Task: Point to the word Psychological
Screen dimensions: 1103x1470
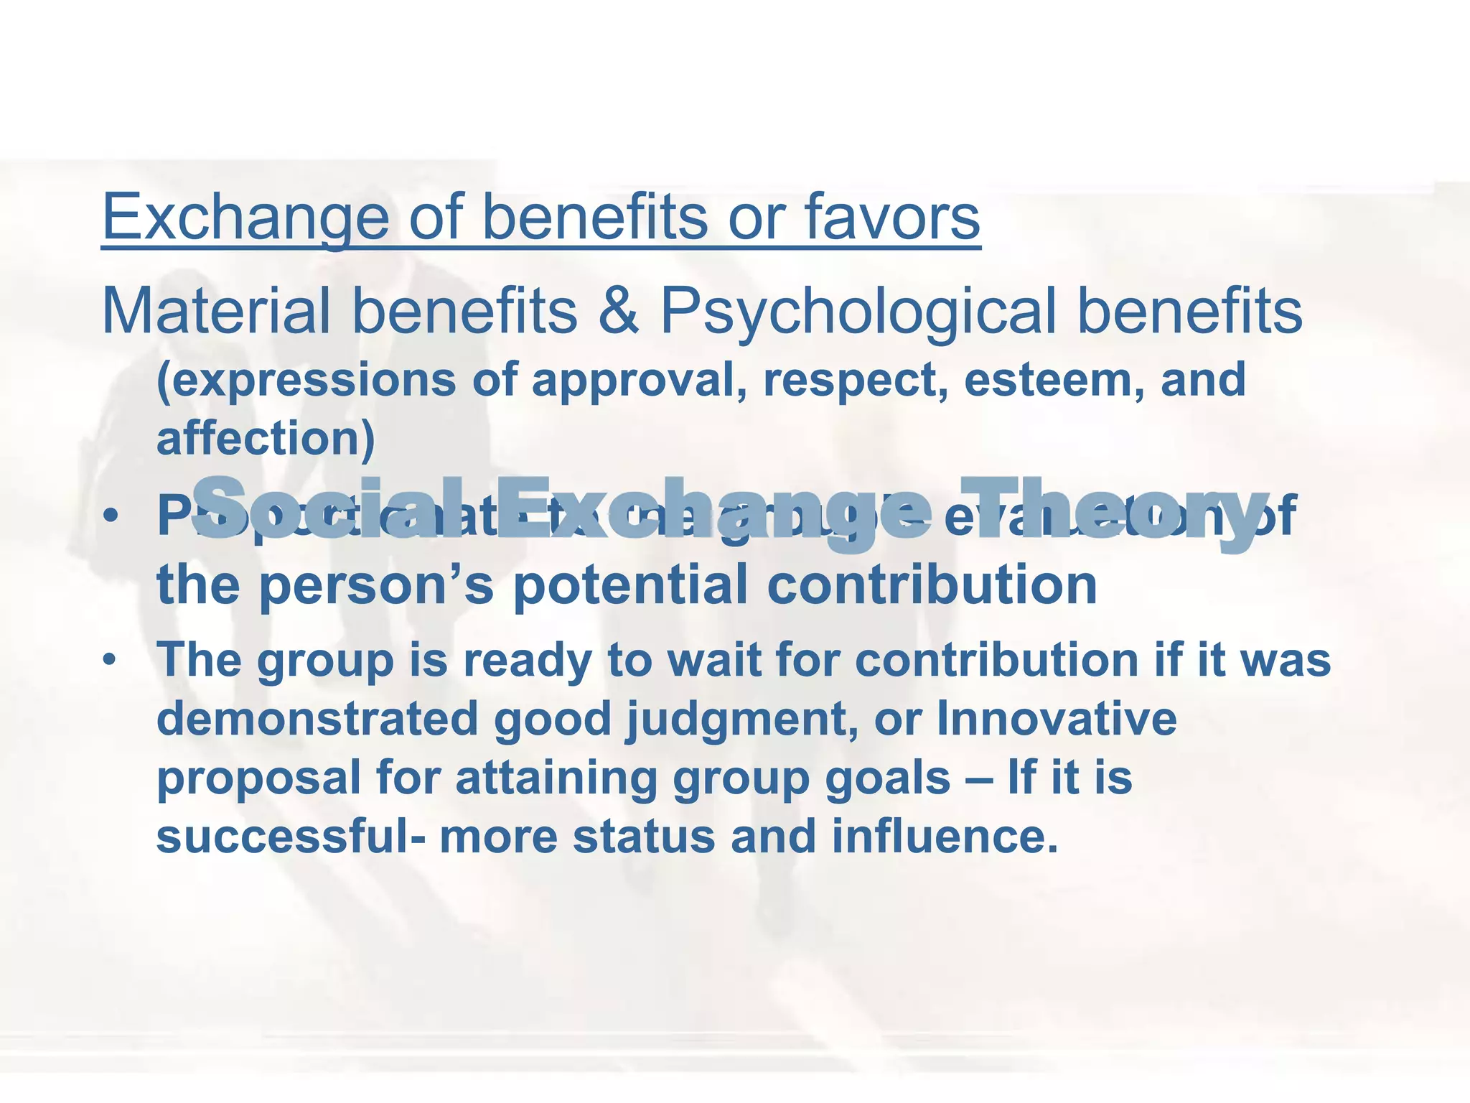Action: point(858,312)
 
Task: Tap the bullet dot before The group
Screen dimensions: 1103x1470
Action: point(109,659)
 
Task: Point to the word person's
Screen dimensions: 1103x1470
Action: point(376,585)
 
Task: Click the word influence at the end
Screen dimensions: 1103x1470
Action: point(945,837)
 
